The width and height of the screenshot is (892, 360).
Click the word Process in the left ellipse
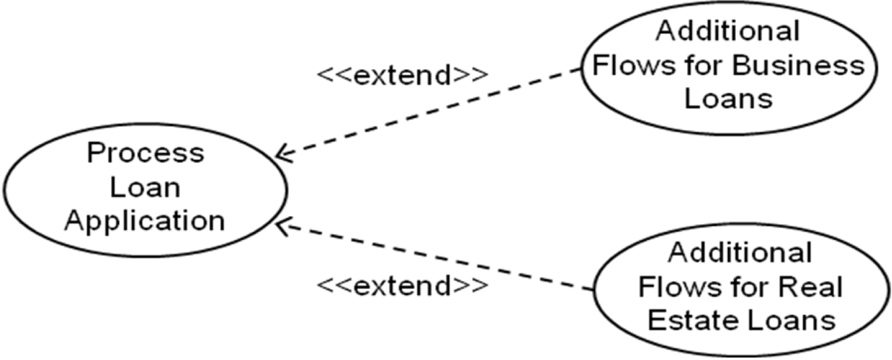pyautogui.click(x=145, y=153)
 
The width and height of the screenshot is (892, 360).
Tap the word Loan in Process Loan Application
pyautogui.click(x=145, y=186)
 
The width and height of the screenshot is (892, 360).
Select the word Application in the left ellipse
pyautogui.click(x=145, y=220)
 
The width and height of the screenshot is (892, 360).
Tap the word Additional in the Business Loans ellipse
pyautogui.click(x=728, y=31)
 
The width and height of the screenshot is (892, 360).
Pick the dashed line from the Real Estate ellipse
pyautogui.click(x=432, y=256)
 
